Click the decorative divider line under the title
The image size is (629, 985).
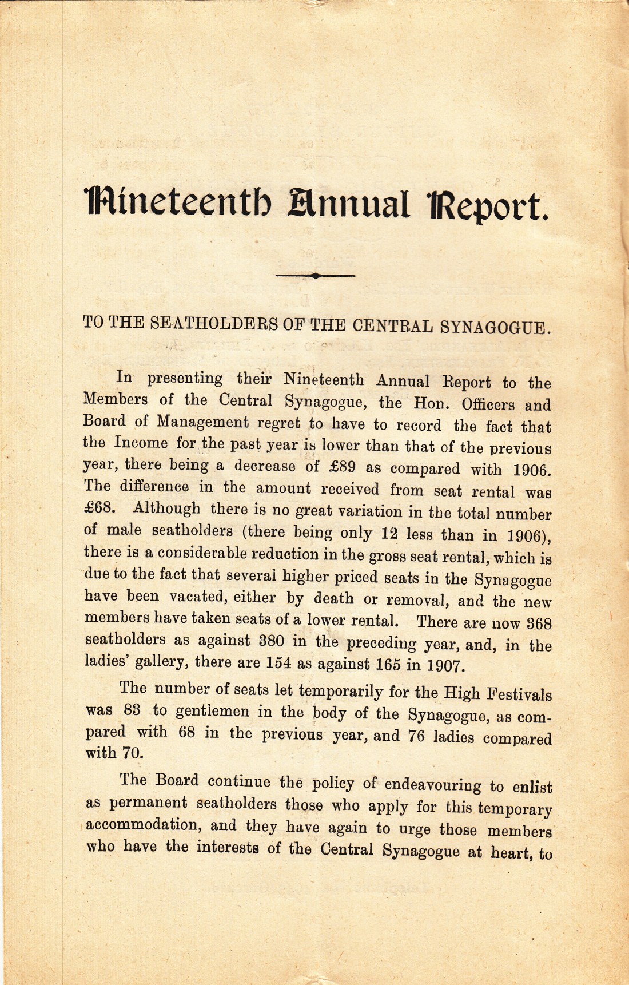pos(315,275)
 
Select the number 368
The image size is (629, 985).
pos(538,623)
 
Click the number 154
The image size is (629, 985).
pos(279,663)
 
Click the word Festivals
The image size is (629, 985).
pos(519,695)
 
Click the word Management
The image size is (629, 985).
pos(203,422)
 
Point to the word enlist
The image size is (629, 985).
pos(532,788)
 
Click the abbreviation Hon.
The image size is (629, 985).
pos(429,403)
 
